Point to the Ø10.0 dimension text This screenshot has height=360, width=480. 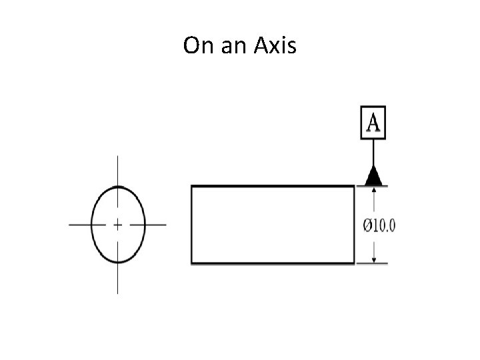pos(379,225)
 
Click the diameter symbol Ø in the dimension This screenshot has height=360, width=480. pos(367,225)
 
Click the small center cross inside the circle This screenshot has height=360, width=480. pos(118,225)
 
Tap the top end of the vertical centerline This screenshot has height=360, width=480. pos(118,157)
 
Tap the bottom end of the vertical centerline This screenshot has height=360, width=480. pos(118,293)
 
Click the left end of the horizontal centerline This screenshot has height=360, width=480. pos(71,225)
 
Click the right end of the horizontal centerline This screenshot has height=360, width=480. pos(165,225)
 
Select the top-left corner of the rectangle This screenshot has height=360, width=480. pos(192,187)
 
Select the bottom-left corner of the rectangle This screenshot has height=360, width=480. pos(192,264)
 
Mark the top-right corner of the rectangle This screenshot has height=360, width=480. pos(354,187)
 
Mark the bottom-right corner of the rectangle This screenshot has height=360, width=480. pos(354,264)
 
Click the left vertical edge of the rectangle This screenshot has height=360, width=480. pos(192,225)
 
